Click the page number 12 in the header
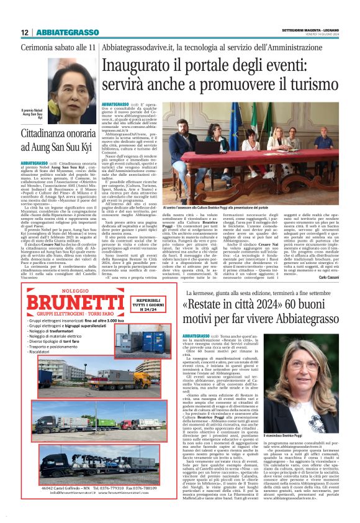coord(25,32)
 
